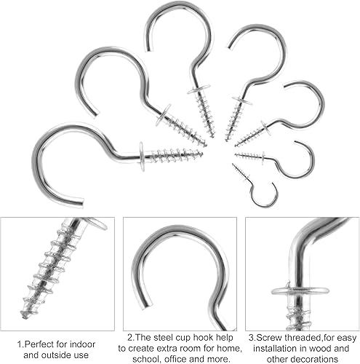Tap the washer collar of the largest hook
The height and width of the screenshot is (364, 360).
[142, 157]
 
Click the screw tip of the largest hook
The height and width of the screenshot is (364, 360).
[201, 153]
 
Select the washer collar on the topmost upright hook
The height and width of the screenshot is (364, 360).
[199, 89]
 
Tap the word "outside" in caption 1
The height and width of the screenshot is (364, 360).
[53, 355]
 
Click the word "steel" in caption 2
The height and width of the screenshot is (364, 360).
[164, 337]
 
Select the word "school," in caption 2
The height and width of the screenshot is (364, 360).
[145, 359]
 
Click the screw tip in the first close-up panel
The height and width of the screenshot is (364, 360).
[24, 315]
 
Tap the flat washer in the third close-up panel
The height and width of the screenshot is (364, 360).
[300, 290]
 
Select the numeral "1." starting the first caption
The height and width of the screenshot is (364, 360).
[20, 344]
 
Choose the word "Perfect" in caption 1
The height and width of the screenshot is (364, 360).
[39, 344]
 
